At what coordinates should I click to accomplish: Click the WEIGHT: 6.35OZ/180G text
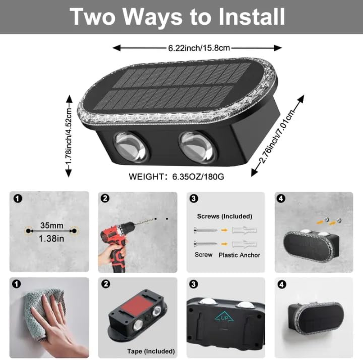(176, 177)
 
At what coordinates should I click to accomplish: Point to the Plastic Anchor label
(239, 255)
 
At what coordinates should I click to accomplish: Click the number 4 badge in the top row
(281, 198)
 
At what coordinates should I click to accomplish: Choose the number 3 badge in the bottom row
(193, 284)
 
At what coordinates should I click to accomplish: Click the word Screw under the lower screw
(203, 255)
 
